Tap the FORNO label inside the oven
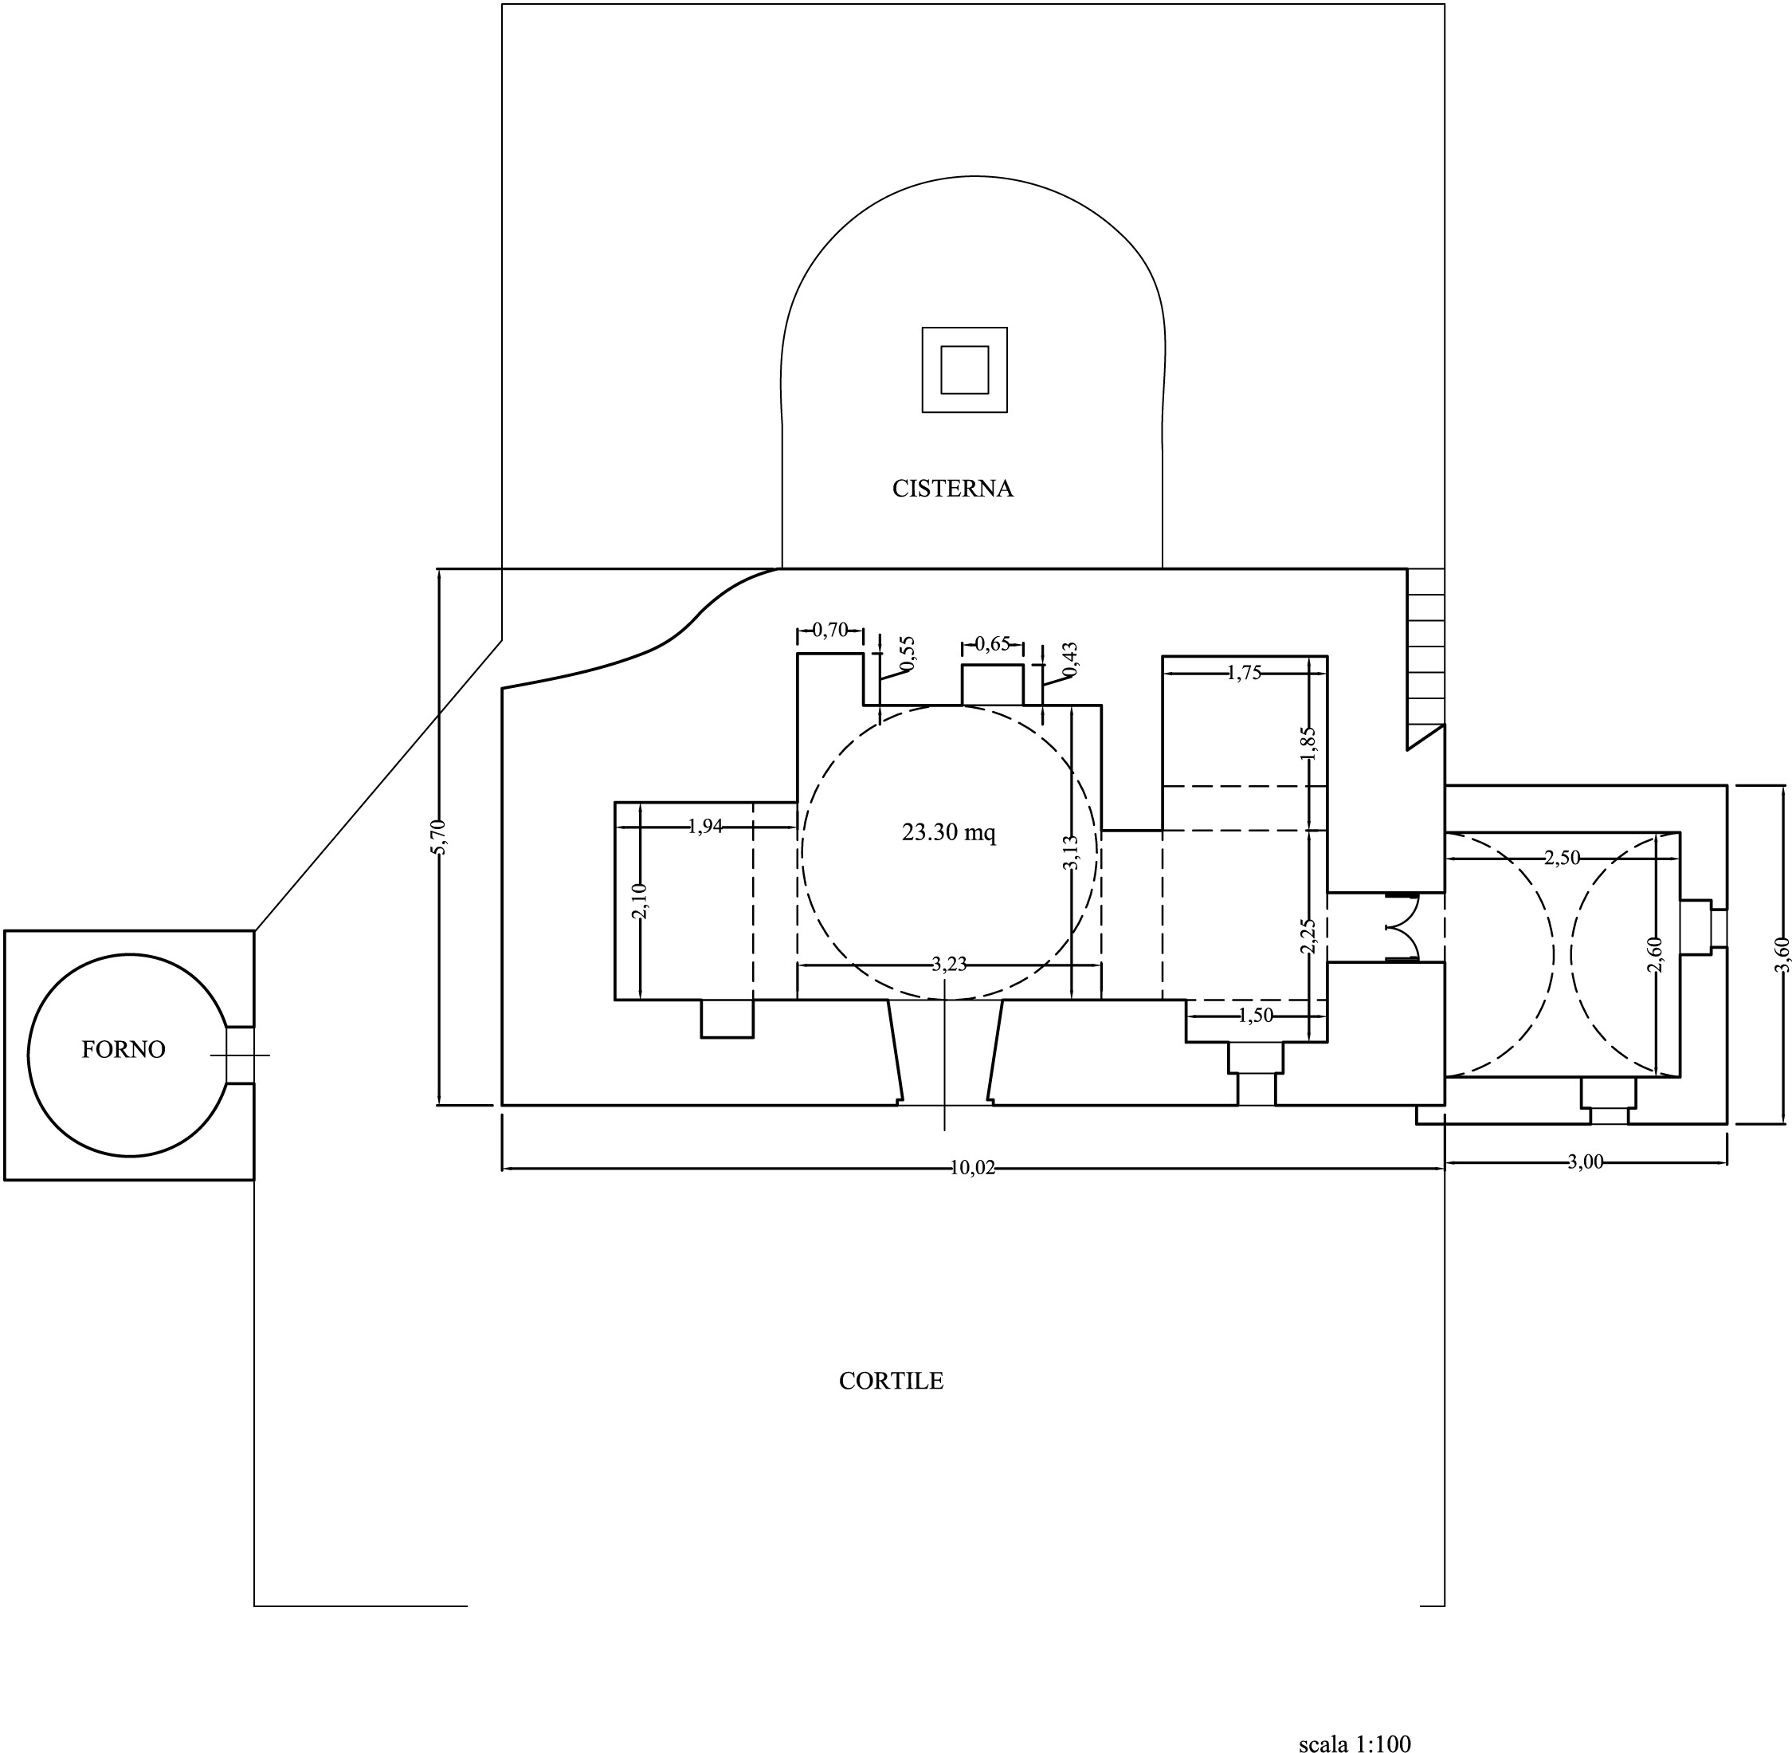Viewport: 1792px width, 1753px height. click(x=124, y=1050)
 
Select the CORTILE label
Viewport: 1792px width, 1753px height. click(x=891, y=1381)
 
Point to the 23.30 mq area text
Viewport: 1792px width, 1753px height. click(x=949, y=832)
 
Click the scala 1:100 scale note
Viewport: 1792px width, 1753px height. click(x=1355, y=1743)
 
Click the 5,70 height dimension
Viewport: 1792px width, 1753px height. click(x=439, y=837)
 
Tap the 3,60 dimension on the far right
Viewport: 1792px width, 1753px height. click(x=1782, y=954)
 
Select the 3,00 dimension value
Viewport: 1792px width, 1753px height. click(x=1585, y=1162)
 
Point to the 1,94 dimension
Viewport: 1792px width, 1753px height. click(x=705, y=827)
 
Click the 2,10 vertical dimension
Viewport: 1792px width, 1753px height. click(x=640, y=901)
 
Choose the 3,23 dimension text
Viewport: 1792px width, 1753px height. click(x=949, y=964)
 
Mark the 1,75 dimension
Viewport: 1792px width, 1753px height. click(x=1245, y=672)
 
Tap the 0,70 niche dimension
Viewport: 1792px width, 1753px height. click(x=830, y=631)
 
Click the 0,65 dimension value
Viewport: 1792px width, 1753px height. click(x=992, y=643)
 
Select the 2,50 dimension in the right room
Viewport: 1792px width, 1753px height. click(x=1562, y=857)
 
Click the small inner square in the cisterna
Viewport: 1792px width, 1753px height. click(x=965, y=370)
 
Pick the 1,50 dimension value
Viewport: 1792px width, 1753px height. click(x=1256, y=1016)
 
